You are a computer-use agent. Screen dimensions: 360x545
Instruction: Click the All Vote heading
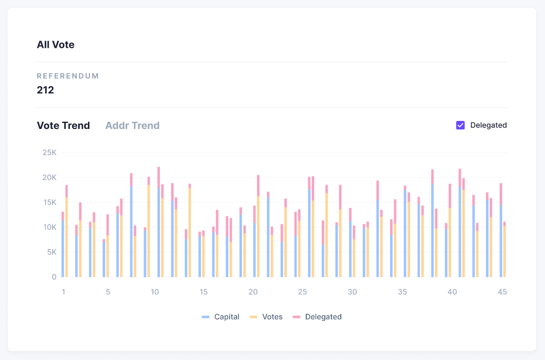tap(56, 45)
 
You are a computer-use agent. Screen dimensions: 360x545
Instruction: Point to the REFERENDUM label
tap(68, 76)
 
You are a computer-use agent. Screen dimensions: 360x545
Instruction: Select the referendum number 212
tap(46, 90)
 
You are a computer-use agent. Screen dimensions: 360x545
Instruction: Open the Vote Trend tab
tap(63, 126)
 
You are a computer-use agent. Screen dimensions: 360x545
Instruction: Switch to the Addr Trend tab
tap(132, 126)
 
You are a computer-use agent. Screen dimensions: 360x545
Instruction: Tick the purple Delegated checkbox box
tap(460, 125)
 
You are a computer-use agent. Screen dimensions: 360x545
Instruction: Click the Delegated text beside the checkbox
tap(488, 125)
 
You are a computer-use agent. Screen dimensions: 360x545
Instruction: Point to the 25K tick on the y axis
tap(49, 153)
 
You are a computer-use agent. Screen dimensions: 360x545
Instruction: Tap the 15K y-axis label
tap(49, 202)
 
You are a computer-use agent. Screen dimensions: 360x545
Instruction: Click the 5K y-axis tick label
tap(51, 252)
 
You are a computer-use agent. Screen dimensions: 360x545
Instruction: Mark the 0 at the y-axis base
tap(54, 277)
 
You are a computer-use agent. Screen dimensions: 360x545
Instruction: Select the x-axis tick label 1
tap(63, 292)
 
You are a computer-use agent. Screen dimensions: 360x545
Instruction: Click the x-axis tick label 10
tap(154, 292)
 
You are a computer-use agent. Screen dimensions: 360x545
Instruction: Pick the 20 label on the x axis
tap(253, 292)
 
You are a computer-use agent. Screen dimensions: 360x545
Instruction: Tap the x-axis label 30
tap(352, 292)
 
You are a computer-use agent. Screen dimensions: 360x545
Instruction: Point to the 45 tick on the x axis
tap(502, 292)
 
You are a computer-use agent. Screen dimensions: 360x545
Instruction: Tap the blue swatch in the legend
tap(206, 317)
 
